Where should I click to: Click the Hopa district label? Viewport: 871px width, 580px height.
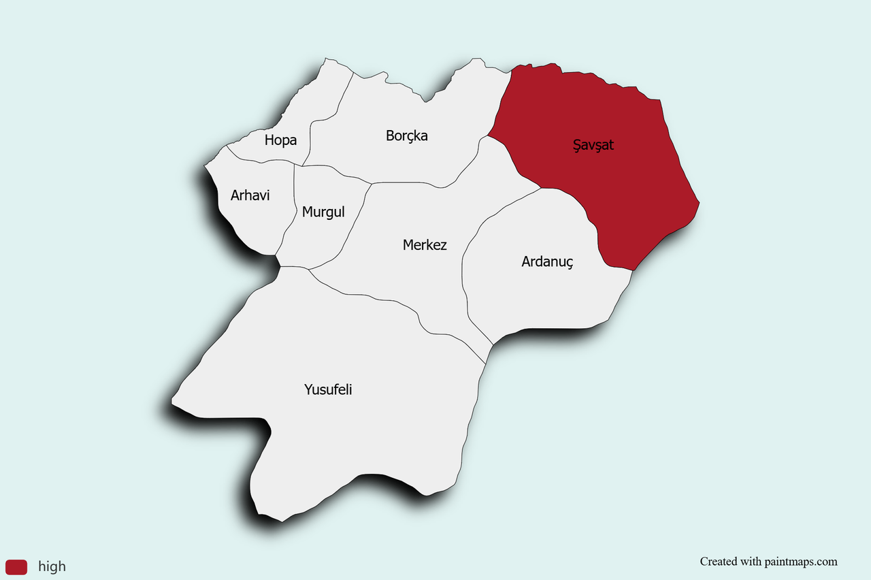280,140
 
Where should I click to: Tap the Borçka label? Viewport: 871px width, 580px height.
407,135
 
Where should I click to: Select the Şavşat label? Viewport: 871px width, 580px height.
593,145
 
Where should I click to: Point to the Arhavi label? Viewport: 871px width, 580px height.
250,195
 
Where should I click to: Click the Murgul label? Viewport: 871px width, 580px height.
323,212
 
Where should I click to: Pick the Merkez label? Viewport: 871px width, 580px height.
425,244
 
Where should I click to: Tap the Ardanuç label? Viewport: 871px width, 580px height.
548,261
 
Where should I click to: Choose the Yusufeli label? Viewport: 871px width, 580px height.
328,389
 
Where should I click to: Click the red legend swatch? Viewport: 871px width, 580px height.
16,566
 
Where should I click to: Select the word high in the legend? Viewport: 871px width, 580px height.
52,566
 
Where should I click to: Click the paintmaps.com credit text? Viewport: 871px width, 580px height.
768,562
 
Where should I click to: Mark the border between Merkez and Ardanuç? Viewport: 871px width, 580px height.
464,272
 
